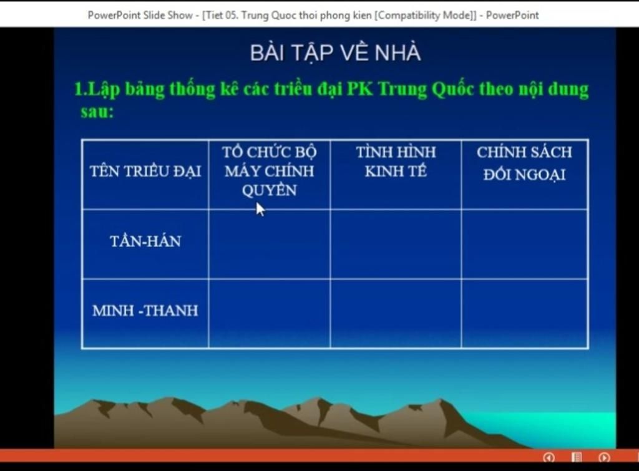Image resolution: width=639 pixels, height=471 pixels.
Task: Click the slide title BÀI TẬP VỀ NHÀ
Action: pos(335,52)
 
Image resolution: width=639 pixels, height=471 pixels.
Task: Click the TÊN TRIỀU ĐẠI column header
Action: pos(145,172)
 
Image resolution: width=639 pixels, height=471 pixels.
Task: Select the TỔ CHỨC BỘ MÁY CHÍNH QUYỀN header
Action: pos(270,171)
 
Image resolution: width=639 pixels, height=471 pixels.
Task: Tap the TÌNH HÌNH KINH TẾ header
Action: pos(396,162)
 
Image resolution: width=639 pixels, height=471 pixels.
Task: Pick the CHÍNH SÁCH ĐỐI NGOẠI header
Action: pos(524,163)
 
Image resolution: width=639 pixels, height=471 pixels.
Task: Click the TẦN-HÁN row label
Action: pos(145,241)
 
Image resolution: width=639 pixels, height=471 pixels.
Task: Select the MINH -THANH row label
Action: pos(145,311)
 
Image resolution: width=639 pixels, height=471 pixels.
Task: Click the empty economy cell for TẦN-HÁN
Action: pos(396,245)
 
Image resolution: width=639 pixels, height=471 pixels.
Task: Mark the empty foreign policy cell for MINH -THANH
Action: pos(524,314)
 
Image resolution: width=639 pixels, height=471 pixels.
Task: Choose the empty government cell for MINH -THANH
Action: pos(270,314)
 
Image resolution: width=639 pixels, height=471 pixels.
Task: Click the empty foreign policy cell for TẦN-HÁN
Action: pos(524,245)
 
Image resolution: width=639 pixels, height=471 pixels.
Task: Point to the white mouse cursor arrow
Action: pos(260,210)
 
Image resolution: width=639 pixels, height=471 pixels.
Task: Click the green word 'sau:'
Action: pos(97,112)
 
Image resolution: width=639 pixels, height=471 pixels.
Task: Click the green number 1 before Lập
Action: pos(79,89)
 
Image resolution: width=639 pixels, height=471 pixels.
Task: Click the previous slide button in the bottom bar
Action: pos(549,457)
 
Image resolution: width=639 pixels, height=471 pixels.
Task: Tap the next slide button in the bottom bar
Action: pos(604,457)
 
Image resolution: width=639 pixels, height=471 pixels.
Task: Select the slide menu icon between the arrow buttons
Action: pos(577,457)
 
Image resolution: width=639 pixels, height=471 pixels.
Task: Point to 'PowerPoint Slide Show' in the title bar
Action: pos(140,16)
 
